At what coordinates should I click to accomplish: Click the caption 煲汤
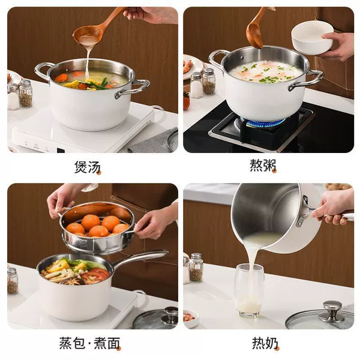click(88, 167)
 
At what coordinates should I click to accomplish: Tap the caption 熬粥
click(263, 166)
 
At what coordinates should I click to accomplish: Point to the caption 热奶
click(265, 343)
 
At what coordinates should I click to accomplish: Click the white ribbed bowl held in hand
click(312, 38)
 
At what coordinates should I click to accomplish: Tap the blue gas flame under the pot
click(264, 121)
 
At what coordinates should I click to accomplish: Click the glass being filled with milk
click(250, 290)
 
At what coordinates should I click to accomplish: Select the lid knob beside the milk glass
click(332, 311)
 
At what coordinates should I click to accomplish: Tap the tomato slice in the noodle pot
click(96, 275)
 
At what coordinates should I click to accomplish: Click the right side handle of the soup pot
click(133, 88)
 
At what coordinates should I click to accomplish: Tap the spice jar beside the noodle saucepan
click(13, 281)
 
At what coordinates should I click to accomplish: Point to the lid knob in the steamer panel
click(170, 315)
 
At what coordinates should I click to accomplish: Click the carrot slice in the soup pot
click(61, 77)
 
